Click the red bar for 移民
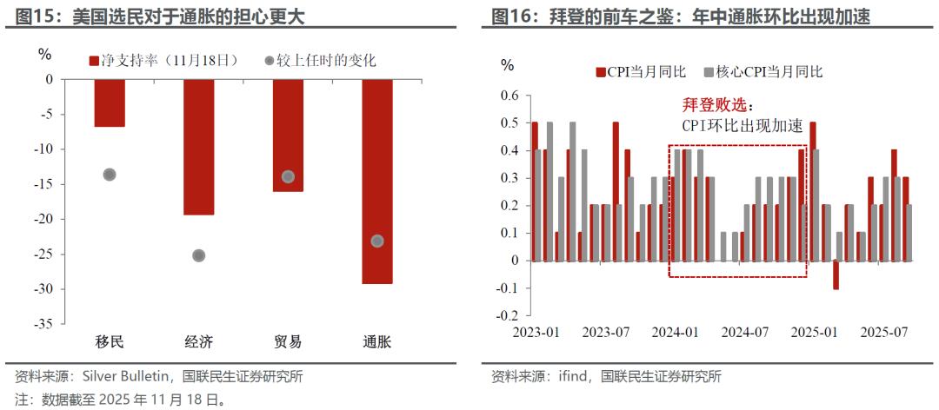(x=110, y=102)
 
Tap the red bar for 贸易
(x=288, y=135)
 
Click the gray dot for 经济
(x=198, y=255)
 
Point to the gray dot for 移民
(x=110, y=175)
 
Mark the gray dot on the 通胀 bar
(x=376, y=241)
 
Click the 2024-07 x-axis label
(x=745, y=332)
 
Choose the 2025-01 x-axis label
(x=815, y=332)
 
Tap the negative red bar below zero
(x=836, y=274)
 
